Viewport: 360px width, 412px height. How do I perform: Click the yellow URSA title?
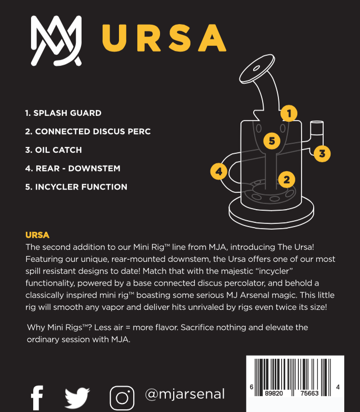[164, 38]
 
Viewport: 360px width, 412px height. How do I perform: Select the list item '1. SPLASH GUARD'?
[63, 113]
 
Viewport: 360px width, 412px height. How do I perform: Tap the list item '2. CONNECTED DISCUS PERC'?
[88, 132]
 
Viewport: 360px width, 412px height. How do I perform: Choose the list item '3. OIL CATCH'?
[53, 150]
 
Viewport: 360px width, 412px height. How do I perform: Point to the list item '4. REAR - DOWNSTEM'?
[73, 169]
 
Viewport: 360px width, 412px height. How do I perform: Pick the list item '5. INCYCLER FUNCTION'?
[76, 187]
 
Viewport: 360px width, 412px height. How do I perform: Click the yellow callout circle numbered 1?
[289, 113]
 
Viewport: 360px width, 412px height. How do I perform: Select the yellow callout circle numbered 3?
[322, 154]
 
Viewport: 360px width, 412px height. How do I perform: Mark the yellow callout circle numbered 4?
[219, 171]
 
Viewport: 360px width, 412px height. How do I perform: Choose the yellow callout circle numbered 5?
[272, 141]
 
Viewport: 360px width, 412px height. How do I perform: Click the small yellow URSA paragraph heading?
[37, 235]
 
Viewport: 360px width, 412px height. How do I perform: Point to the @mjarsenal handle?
[185, 394]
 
